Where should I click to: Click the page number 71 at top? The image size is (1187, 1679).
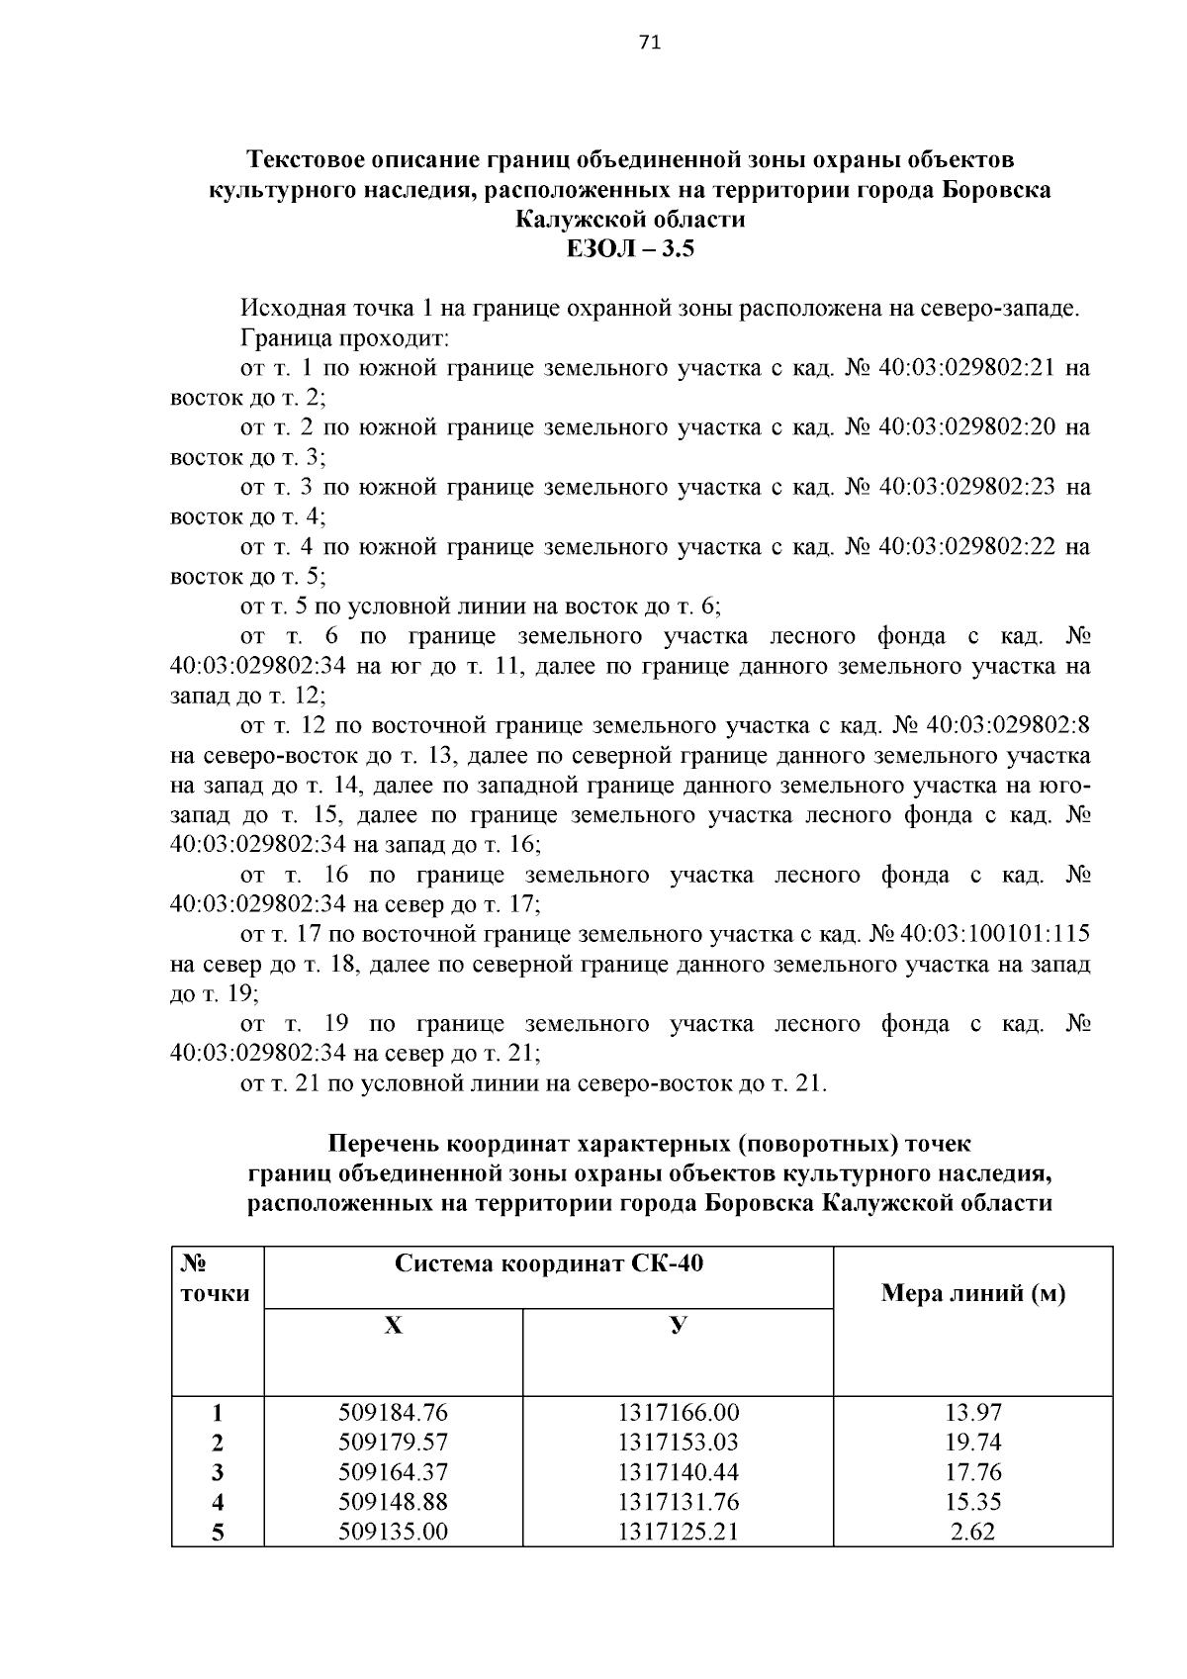650,42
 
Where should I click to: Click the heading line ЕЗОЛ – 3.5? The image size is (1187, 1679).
630,248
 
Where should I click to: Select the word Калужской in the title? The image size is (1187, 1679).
573,219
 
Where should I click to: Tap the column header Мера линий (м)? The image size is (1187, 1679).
972,1293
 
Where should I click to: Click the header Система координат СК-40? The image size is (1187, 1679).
549,1263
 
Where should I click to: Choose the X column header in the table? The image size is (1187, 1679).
393,1326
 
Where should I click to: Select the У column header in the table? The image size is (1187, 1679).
678,1326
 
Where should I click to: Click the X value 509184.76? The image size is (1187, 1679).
393,1413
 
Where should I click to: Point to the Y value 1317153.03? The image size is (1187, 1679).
678,1443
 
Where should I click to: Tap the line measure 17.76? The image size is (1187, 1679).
972,1472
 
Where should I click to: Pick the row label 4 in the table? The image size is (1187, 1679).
218,1503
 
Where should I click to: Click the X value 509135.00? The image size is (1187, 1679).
393,1533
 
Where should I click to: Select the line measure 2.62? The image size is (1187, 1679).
972,1533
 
